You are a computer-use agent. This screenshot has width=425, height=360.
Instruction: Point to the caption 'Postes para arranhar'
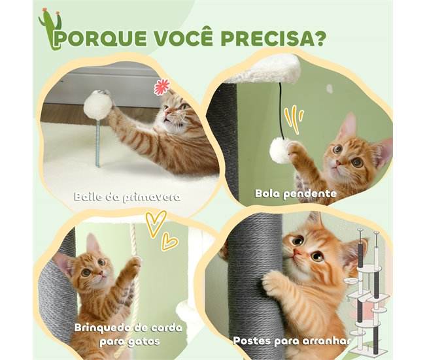291,340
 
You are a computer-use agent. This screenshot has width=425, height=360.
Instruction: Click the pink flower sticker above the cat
161,87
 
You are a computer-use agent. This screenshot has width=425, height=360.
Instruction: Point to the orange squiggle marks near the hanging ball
297,119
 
